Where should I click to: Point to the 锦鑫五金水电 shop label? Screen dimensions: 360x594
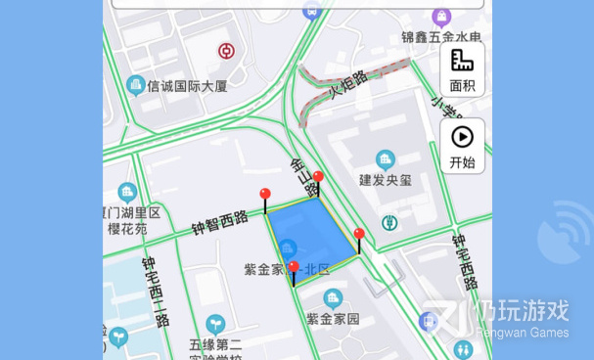(x=440, y=38)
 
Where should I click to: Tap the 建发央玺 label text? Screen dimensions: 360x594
(x=386, y=180)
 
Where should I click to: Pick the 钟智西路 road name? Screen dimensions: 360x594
(x=220, y=222)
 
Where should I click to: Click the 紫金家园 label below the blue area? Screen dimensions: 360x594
(x=333, y=319)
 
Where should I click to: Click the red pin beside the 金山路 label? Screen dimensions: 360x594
(x=317, y=179)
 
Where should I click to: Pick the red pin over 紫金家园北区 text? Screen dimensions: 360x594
(x=294, y=268)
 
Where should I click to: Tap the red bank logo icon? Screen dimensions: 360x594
(x=226, y=51)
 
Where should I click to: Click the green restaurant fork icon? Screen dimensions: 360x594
(x=389, y=222)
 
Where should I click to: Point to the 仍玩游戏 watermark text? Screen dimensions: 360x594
(x=520, y=312)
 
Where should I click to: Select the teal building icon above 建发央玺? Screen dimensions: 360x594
(x=386, y=158)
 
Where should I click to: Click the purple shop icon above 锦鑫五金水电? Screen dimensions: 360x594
(x=441, y=17)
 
